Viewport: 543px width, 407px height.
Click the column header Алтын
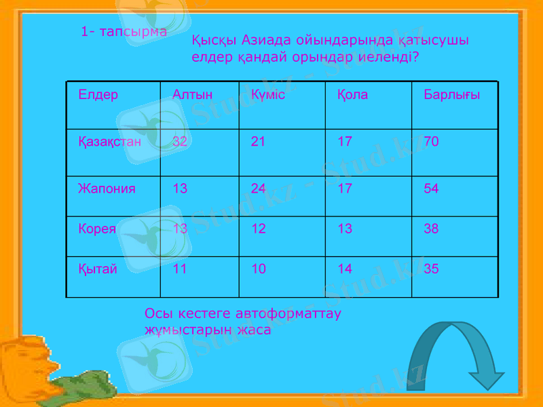click(x=193, y=94)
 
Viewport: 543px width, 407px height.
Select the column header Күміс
click(x=267, y=94)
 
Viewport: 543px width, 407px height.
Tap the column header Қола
click(x=353, y=94)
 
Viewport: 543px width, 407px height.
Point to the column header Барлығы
click(x=451, y=94)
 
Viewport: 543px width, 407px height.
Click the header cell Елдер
click(x=98, y=94)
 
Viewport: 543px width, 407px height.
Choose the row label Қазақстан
click(x=109, y=142)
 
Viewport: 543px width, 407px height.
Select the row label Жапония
click(x=107, y=189)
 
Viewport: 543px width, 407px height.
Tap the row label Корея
click(x=97, y=229)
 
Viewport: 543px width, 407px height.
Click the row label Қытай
click(x=98, y=269)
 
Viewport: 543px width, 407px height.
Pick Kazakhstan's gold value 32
click(x=181, y=142)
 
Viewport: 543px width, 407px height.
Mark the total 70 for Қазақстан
click(x=431, y=142)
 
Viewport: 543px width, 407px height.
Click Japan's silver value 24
click(x=259, y=189)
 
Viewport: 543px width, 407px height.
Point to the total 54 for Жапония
click(x=431, y=189)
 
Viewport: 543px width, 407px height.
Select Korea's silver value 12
click(x=259, y=229)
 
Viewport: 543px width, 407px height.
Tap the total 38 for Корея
click(x=431, y=229)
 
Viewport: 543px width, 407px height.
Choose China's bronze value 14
click(x=345, y=269)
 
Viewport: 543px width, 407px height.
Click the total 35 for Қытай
click(x=431, y=269)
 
